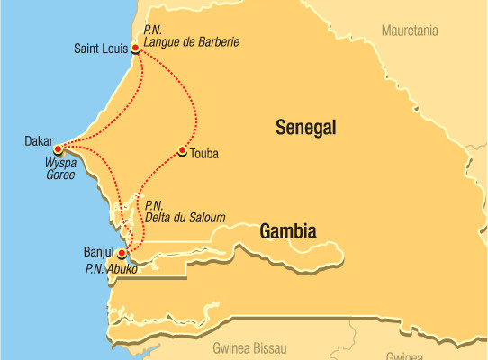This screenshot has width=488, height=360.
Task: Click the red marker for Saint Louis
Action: (x=135, y=49)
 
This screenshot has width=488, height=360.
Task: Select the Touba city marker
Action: (x=183, y=150)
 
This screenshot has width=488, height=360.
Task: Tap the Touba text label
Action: (x=204, y=154)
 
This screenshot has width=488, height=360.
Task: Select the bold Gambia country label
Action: (x=287, y=231)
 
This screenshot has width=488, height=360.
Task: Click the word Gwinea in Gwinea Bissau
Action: (x=230, y=347)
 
